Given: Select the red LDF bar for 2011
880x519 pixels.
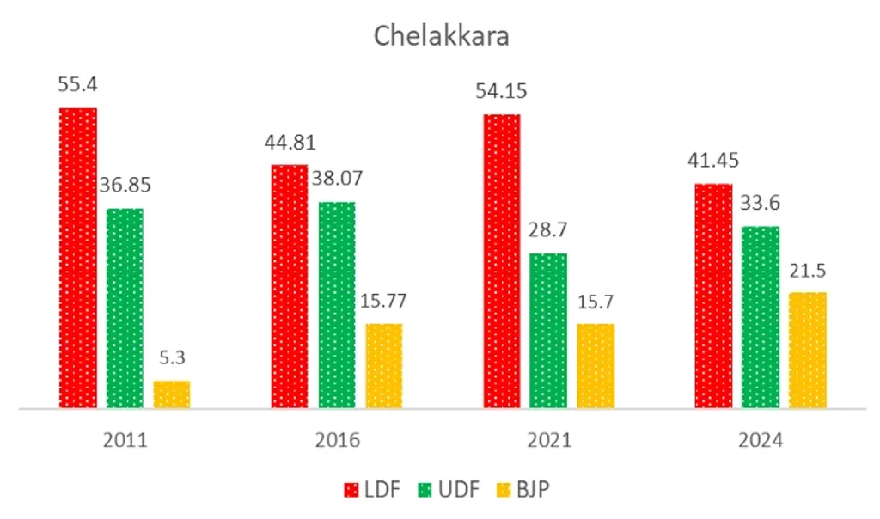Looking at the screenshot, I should pyautogui.click(x=78, y=258).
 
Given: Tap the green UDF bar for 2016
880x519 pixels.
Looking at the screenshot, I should pyautogui.click(x=337, y=304).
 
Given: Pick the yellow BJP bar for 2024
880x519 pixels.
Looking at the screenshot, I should pyautogui.click(x=808, y=350).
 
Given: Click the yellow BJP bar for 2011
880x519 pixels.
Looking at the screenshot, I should pyautogui.click(x=172, y=394).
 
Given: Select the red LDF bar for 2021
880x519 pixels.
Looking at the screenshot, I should pyautogui.click(x=502, y=260).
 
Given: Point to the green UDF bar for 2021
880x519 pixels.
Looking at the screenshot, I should pyautogui.click(x=548, y=330).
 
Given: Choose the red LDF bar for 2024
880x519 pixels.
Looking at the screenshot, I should pyautogui.click(x=713, y=296).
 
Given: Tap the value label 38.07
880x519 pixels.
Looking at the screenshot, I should pyautogui.click(x=334, y=179).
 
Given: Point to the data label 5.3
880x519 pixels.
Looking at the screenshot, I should pyautogui.click(x=172, y=357).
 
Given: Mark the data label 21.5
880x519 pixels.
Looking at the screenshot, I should pyautogui.click(x=808, y=271).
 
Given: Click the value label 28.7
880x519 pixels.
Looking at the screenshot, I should pyautogui.click(x=548, y=231).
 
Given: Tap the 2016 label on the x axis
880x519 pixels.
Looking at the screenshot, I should pyautogui.click(x=337, y=441).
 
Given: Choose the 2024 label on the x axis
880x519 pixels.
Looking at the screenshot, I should pyautogui.click(x=761, y=441).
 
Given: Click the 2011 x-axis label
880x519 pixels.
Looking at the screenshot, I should pyautogui.click(x=125, y=441).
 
